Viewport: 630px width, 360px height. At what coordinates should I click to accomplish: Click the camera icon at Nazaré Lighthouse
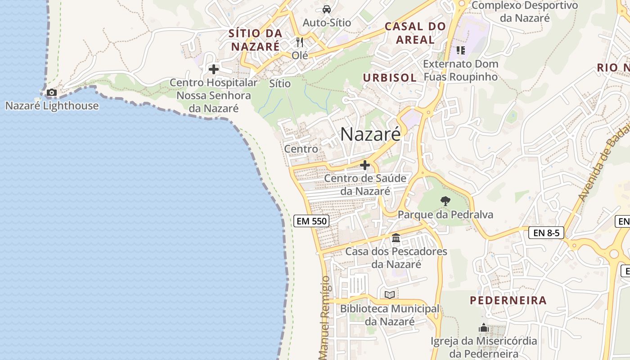[52, 93]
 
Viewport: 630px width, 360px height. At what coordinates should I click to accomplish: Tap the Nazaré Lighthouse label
[52, 106]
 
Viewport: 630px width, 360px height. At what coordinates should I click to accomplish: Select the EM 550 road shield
[311, 221]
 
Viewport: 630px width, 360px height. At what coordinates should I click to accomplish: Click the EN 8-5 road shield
[546, 233]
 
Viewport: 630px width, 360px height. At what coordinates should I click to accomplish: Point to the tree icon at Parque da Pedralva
[445, 201]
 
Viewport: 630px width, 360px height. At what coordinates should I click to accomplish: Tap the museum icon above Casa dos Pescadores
[396, 238]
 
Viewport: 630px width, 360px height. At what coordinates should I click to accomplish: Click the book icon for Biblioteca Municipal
[390, 295]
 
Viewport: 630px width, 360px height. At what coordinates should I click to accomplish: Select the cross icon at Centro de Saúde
[365, 166]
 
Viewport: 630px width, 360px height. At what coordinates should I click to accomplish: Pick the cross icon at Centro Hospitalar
[214, 69]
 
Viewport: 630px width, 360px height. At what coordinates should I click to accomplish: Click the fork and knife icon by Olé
[300, 42]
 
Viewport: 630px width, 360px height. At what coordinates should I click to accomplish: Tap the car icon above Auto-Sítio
[327, 9]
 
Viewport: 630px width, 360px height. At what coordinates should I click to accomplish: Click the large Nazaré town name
[370, 134]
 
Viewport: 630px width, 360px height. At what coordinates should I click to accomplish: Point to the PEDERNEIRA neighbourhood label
[508, 300]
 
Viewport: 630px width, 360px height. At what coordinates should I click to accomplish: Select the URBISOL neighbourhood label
[390, 77]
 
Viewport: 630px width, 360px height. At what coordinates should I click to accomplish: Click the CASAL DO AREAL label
[415, 33]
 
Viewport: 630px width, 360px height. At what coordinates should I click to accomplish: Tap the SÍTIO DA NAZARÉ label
[255, 40]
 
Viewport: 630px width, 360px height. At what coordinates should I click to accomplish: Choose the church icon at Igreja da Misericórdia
[484, 328]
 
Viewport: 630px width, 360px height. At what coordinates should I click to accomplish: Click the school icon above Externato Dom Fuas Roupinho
[460, 50]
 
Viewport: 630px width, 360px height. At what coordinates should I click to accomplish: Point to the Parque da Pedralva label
[445, 215]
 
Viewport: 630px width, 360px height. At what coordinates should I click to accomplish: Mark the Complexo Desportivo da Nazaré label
[525, 12]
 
